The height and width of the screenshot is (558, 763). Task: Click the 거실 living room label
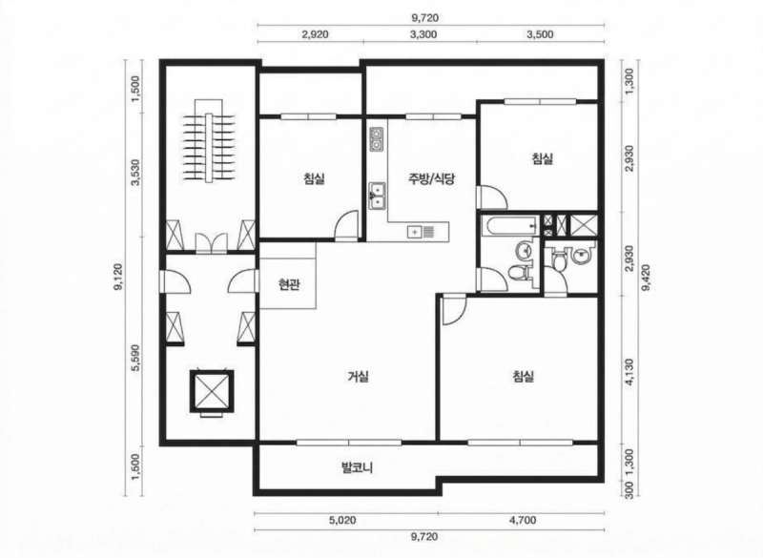(359, 376)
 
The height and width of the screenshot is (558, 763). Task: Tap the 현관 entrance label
(289, 284)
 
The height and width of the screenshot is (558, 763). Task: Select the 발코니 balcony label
(357, 468)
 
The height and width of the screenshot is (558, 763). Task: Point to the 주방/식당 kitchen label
(431, 179)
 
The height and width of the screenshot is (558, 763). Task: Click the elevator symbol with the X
(212, 391)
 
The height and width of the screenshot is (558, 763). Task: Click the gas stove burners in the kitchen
(377, 138)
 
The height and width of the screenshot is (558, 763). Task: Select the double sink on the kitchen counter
(377, 196)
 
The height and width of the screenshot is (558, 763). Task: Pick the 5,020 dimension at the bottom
(342, 520)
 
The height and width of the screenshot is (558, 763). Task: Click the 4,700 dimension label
(523, 520)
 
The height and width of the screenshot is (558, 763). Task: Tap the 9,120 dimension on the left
(117, 278)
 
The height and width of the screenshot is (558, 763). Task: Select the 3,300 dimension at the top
(423, 34)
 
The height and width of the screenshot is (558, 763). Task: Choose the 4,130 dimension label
(629, 372)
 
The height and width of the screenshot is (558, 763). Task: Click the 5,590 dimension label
(135, 358)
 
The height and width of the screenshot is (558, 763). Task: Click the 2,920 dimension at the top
(315, 34)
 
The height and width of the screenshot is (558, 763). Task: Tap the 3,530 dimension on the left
(135, 172)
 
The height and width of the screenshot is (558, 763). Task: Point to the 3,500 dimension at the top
(540, 34)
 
